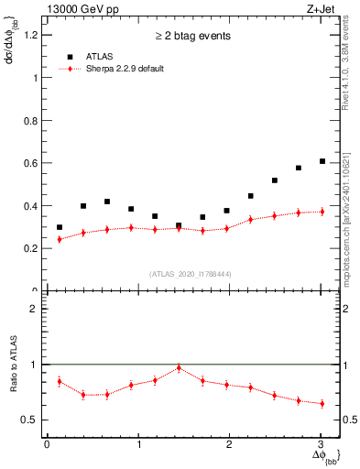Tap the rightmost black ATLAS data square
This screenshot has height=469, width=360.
point(322,161)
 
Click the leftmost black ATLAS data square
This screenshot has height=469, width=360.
point(60,227)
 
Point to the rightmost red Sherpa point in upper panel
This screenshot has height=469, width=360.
point(322,212)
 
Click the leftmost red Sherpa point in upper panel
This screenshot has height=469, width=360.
point(60,239)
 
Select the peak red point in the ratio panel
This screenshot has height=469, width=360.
point(179,367)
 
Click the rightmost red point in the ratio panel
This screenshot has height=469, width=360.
point(322,403)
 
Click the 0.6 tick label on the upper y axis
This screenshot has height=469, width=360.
point(34,163)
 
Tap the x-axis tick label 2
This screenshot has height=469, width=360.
point(230,444)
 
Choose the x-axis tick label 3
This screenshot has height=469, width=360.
point(322,444)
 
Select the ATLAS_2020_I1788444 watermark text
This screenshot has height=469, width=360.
point(190,274)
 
